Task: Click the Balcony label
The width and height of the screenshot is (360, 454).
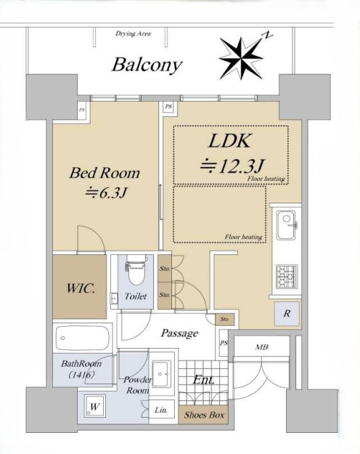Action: [147, 65]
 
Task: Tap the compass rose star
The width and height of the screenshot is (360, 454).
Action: [241, 58]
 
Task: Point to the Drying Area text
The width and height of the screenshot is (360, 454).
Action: [133, 33]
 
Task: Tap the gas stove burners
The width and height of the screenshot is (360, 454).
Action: [287, 277]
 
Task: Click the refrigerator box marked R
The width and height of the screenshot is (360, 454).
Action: [287, 314]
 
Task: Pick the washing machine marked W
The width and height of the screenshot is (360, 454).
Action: [94, 406]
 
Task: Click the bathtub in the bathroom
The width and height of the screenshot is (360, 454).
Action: [83, 339]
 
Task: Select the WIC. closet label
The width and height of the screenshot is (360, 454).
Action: [81, 288]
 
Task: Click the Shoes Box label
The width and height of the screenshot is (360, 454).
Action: [204, 415]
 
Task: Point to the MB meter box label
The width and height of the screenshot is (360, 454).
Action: [261, 346]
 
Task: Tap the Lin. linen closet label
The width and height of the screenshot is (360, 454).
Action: [160, 410]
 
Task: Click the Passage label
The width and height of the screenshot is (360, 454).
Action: [179, 333]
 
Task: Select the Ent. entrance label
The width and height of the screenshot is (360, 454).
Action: [204, 380]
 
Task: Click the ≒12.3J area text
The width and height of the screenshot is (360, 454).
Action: [232, 166]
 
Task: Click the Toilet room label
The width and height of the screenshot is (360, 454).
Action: [136, 296]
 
